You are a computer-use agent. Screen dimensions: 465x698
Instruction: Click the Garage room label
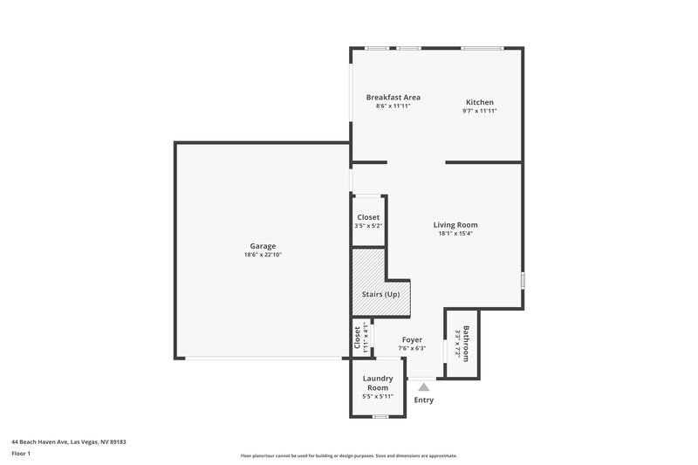[263, 246]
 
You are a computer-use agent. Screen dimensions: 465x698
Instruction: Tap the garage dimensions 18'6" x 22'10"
[263, 255]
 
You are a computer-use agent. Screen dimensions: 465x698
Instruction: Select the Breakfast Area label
[393, 97]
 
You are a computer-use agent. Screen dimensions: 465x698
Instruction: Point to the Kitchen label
[479, 102]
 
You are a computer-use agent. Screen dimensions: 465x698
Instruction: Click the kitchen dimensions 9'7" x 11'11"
[479, 111]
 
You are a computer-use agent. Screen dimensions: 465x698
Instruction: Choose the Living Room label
[455, 224]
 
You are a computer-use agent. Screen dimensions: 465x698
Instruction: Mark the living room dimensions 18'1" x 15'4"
[455, 233]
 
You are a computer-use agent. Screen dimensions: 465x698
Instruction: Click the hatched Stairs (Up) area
[380, 294]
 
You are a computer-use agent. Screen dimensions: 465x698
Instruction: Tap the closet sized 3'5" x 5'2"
[368, 221]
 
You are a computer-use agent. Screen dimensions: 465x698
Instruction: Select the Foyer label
[412, 339]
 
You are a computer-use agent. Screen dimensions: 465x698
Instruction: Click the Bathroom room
[462, 343]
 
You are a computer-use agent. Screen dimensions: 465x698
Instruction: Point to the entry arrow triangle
[423, 385]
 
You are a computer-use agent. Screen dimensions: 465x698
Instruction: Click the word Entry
[423, 400]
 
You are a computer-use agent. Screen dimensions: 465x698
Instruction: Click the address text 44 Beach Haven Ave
[69, 441]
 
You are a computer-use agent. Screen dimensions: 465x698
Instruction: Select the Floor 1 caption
[21, 454]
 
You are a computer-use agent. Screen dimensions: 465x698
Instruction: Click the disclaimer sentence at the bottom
[348, 455]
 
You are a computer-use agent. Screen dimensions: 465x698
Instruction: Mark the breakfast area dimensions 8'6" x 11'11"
[393, 106]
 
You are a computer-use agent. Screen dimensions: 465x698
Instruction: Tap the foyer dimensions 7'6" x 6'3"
[412, 348]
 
